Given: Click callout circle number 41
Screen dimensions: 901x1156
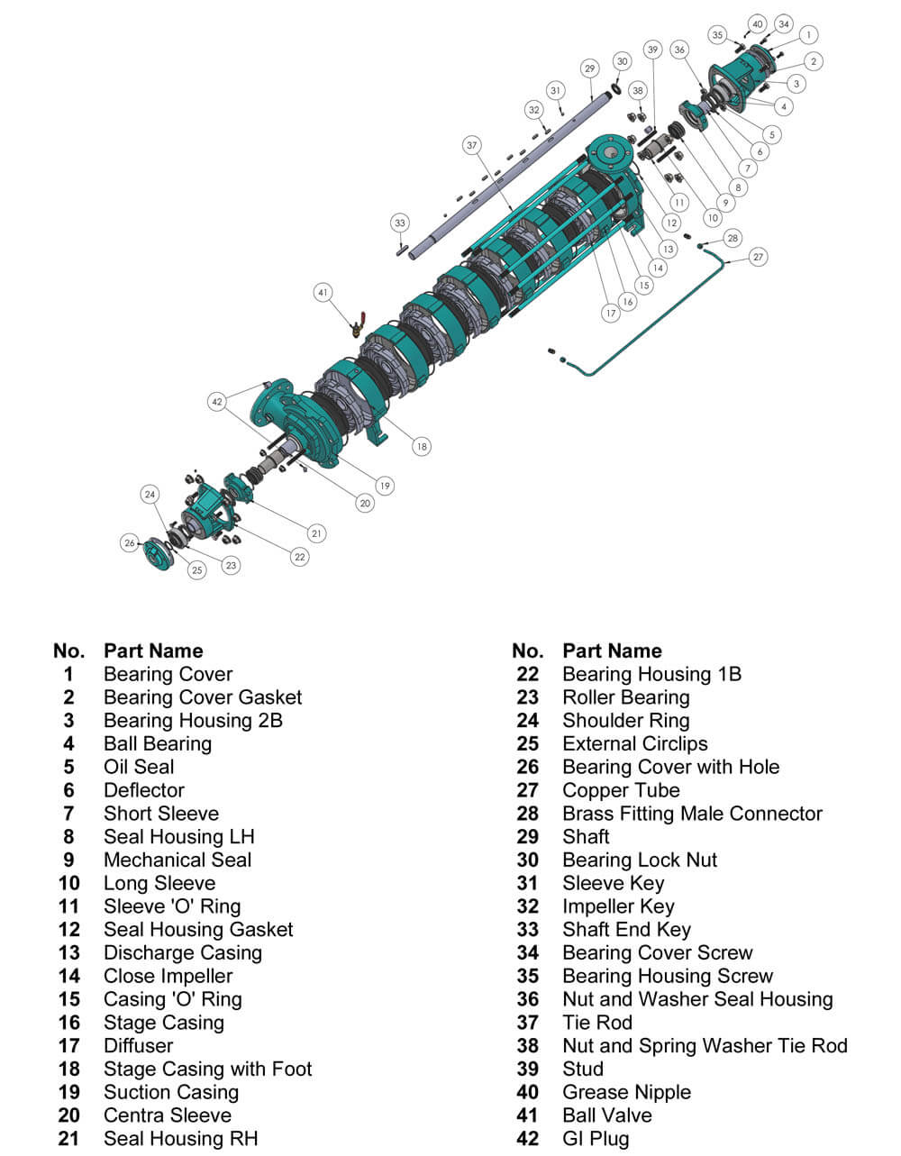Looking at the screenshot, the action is click(x=323, y=292).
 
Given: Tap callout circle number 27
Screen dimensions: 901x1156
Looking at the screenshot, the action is click(x=758, y=257).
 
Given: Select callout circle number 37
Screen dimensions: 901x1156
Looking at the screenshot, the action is click(x=472, y=145).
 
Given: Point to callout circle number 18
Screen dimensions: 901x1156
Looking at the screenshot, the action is click(x=422, y=446).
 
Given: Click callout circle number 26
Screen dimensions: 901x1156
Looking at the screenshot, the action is click(x=130, y=542).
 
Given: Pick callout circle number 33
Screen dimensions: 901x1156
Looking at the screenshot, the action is click(x=400, y=223).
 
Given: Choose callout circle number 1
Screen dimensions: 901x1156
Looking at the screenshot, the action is click(x=808, y=35).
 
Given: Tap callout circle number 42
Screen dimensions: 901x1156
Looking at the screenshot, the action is click(x=217, y=402).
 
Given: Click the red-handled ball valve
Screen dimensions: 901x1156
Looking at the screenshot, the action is click(x=358, y=324).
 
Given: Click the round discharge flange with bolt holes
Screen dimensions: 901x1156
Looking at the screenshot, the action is click(x=610, y=154).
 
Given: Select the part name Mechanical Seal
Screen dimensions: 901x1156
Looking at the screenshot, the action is click(x=177, y=860).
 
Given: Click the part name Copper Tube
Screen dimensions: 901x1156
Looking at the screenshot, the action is click(x=621, y=790).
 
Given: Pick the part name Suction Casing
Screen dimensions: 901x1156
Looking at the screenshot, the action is click(x=171, y=1092).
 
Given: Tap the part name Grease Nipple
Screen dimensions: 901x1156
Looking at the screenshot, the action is click(x=627, y=1092).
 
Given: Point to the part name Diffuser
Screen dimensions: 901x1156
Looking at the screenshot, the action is click(x=138, y=1045).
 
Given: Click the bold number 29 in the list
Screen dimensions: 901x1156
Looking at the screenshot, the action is click(x=528, y=836).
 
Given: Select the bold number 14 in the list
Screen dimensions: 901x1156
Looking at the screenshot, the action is click(x=69, y=976).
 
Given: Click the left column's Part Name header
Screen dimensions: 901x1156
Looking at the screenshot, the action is click(x=153, y=651).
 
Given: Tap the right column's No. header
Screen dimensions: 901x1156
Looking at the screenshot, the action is click(x=528, y=651).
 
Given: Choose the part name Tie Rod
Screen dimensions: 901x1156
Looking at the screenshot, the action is click(x=597, y=1022).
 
